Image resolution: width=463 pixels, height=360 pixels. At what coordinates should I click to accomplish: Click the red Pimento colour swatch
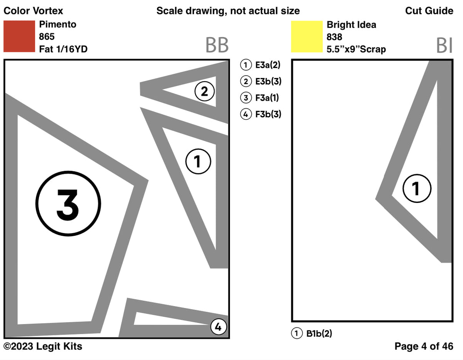coord(19,36)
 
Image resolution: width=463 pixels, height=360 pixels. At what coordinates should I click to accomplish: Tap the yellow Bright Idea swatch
coord(307,36)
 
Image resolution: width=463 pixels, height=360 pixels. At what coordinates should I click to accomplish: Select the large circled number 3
coord(68,203)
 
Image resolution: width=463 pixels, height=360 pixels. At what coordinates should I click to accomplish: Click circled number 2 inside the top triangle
coord(204,91)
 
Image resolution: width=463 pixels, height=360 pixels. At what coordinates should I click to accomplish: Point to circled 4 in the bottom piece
coord(219,326)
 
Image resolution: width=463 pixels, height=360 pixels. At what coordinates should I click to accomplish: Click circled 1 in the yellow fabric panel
coord(417,188)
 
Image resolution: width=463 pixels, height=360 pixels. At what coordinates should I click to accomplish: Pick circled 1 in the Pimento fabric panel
coord(198,161)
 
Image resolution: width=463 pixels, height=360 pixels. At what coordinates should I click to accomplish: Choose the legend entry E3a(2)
coord(260,65)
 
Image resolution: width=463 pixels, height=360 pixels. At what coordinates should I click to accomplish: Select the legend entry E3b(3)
coord(261,81)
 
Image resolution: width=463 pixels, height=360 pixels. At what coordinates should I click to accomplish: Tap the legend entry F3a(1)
coord(260,98)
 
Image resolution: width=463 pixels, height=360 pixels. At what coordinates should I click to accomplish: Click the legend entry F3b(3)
coord(261,114)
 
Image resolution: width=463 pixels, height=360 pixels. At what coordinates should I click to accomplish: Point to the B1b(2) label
coord(312,333)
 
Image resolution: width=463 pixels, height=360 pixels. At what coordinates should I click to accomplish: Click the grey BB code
coord(217,45)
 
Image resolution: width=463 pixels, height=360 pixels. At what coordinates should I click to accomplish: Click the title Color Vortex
coord(33,11)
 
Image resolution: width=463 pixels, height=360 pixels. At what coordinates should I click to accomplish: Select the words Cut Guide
coord(429,11)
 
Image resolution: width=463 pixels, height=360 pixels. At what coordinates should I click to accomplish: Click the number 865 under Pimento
coord(47,36)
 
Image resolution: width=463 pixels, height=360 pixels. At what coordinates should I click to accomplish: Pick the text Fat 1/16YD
coord(63,49)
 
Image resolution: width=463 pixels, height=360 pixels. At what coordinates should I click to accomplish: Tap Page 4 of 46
coord(424,346)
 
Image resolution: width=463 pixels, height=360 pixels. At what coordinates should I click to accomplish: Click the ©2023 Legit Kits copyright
coord(43,346)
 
